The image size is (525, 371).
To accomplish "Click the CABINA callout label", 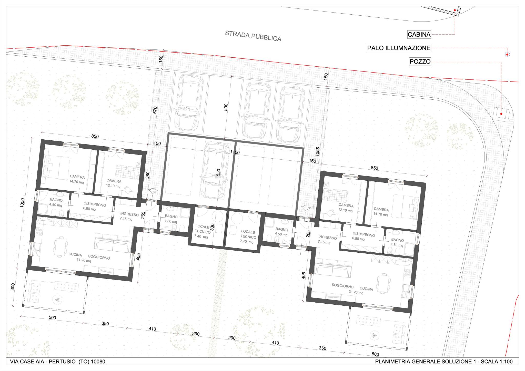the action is pyautogui.click(x=419, y=34).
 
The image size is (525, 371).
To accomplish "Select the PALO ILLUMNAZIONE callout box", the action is pyautogui.click(x=399, y=48).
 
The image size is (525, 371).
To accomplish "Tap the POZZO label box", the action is pyautogui.click(x=420, y=62).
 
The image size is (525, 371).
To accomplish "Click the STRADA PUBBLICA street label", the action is pyautogui.click(x=253, y=36).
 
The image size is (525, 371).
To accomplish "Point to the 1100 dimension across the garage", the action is pyautogui.click(x=235, y=152).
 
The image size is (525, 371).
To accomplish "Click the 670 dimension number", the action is pyautogui.click(x=155, y=110).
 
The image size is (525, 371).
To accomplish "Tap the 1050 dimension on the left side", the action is pyautogui.click(x=22, y=203).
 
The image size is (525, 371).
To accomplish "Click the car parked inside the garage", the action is pyautogui.click(x=215, y=170).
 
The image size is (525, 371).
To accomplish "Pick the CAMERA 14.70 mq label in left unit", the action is pyautogui.click(x=77, y=179).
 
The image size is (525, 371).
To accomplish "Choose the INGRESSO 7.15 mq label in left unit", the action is pyautogui.click(x=129, y=217).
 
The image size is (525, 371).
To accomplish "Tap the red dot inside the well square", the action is pyautogui.click(x=501, y=114).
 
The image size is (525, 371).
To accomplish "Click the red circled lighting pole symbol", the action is pyautogui.click(x=507, y=55).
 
